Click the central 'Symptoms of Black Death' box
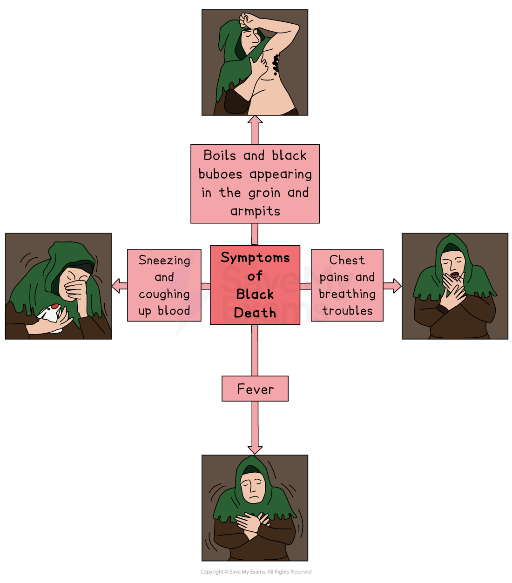[255, 285]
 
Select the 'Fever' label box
[255, 389]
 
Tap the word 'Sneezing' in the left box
[164, 261]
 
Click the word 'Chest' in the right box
[347, 260]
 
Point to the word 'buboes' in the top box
[220, 174]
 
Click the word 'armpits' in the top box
[255, 211]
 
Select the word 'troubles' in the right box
[348, 311]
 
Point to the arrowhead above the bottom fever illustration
[255, 449]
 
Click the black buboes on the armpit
[276, 64]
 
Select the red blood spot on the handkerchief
[55, 307]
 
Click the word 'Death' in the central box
[255, 313]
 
